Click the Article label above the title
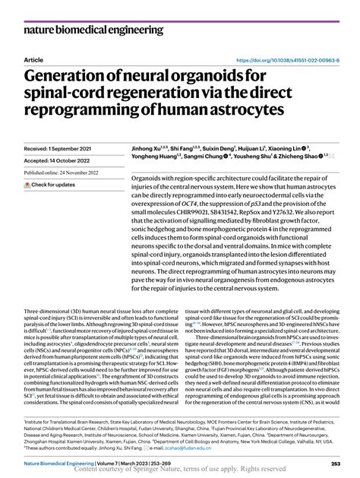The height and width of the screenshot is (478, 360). [33, 59]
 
